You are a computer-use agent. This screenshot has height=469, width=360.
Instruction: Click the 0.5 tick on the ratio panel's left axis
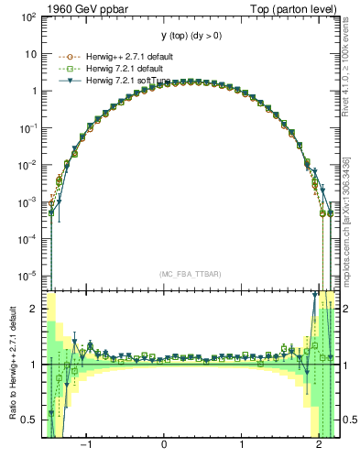[30, 420]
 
